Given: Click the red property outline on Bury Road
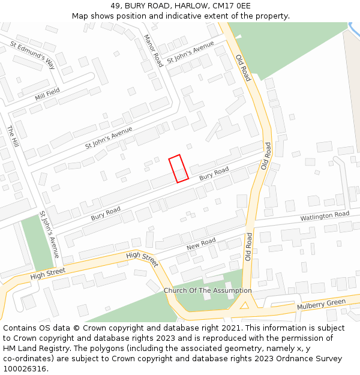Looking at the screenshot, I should [x=178, y=168].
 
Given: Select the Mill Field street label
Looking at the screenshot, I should [x=47, y=93].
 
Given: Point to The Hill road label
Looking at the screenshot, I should [x=13, y=137].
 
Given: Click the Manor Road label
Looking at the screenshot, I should [x=153, y=50].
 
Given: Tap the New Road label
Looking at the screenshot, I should [x=201, y=244].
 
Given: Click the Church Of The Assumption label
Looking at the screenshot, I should [x=208, y=290].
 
